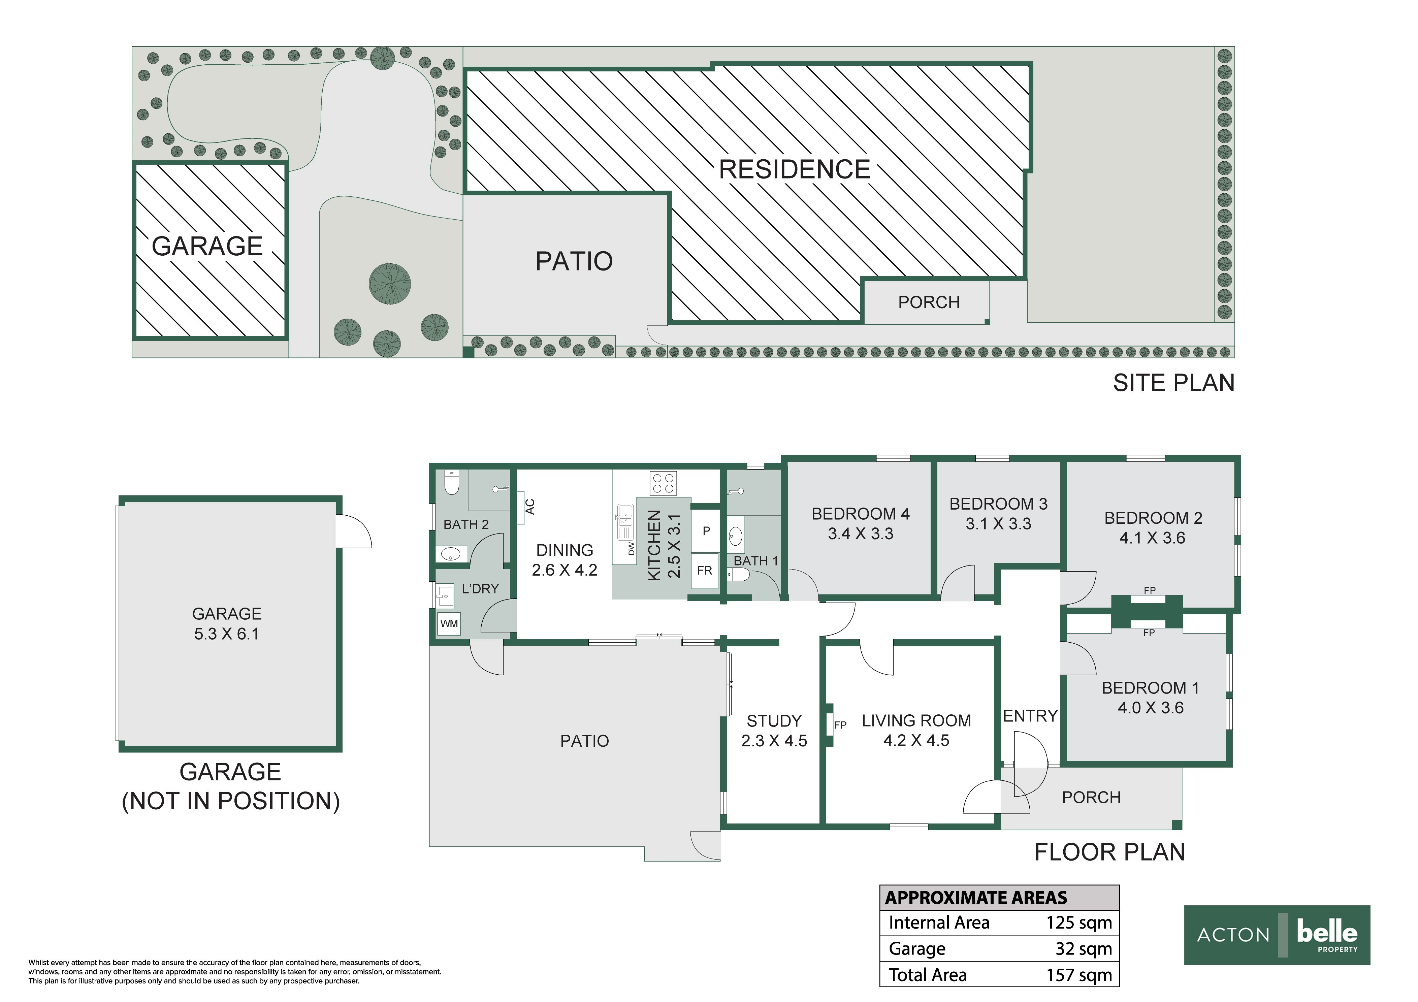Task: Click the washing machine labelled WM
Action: [x=449, y=624]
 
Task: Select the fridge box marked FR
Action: [x=705, y=571]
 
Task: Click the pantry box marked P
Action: [x=706, y=531]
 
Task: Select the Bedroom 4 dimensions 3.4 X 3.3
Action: [x=860, y=534]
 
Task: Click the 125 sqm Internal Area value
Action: [x=1079, y=923]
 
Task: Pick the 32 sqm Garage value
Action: [x=1084, y=949]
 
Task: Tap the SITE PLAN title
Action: [x=1173, y=383]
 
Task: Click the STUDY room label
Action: [x=774, y=721]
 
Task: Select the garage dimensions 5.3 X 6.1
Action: [x=227, y=634]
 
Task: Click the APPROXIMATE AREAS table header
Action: [x=976, y=898]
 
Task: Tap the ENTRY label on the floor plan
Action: [x=1030, y=716]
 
